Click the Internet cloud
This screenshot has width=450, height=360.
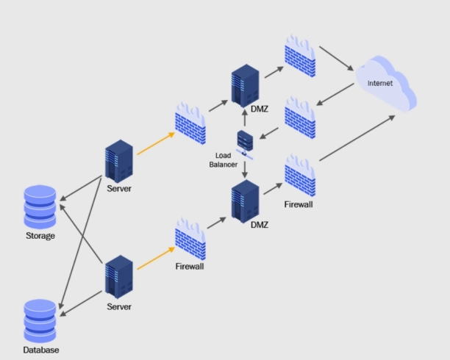[x=385, y=83]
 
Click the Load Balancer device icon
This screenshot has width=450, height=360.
[x=244, y=142]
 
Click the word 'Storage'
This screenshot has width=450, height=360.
[x=40, y=236]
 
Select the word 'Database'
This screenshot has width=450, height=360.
[x=40, y=350]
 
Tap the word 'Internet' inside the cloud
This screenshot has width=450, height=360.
[x=380, y=83]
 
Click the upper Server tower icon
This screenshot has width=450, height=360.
[x=118, y=162]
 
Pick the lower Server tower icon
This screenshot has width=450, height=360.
[x=118, y=276]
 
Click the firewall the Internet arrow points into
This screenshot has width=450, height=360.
[x=300, y=116]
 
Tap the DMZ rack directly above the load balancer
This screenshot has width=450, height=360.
[x=244, y=86]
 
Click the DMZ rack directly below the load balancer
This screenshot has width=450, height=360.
[x=244, y=200]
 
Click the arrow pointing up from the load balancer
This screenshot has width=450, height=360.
[x=244, y=118]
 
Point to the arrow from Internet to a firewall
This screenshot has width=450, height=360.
[x=335, y=93]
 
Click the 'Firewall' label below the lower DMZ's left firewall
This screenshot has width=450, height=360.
[x=189, y=267]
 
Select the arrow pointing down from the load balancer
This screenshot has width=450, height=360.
[x=244, y=169]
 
